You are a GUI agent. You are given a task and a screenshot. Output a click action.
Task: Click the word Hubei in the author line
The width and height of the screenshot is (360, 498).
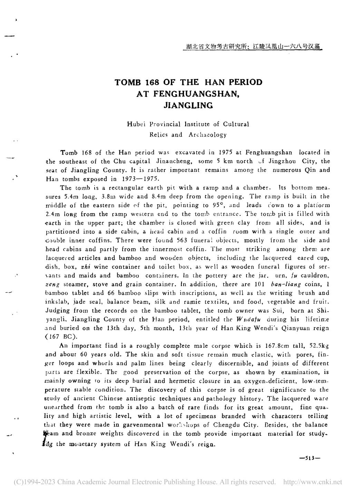pos(137,124)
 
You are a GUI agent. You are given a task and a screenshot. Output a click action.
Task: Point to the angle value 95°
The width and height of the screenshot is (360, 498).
pos(220,205)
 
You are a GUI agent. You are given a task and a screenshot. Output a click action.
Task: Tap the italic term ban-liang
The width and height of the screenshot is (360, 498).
pos(286,284)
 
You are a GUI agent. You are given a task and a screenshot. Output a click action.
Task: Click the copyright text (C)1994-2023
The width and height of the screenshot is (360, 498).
pos(33,482)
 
